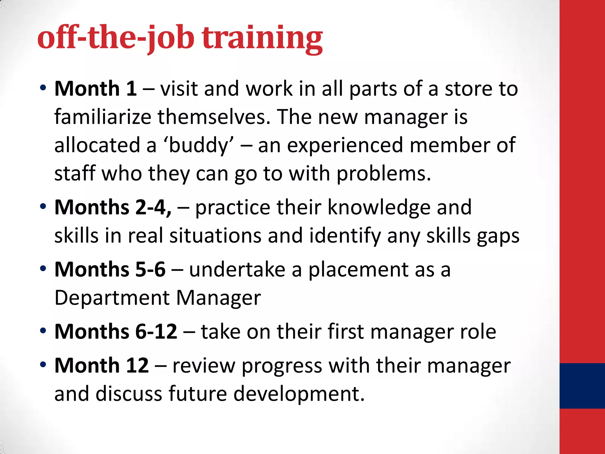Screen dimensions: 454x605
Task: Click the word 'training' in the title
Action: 262,38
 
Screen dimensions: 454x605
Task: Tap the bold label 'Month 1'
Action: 95,89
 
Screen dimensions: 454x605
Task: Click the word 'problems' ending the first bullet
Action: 383,174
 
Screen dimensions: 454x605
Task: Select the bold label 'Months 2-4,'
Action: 113,207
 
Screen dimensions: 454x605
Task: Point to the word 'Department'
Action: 112,298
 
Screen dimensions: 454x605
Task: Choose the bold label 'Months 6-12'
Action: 116,331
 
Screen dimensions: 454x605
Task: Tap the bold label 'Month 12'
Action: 101,365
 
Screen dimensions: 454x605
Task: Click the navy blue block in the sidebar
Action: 582,386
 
